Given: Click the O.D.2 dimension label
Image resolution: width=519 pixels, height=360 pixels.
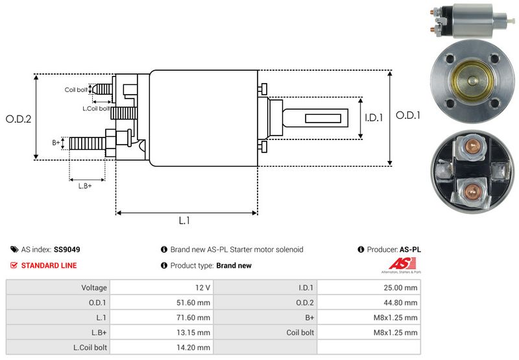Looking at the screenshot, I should click(19, 119).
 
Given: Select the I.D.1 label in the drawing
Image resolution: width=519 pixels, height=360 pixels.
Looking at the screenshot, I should click(374, 118).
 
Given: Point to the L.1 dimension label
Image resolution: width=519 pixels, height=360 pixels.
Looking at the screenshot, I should click(184, 221).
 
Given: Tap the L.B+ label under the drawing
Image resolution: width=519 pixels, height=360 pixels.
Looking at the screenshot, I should click(85, 186).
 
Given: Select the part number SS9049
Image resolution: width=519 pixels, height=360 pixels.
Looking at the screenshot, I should click(67, 249).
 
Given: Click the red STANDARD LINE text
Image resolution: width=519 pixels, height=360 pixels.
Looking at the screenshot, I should click(49, 265).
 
